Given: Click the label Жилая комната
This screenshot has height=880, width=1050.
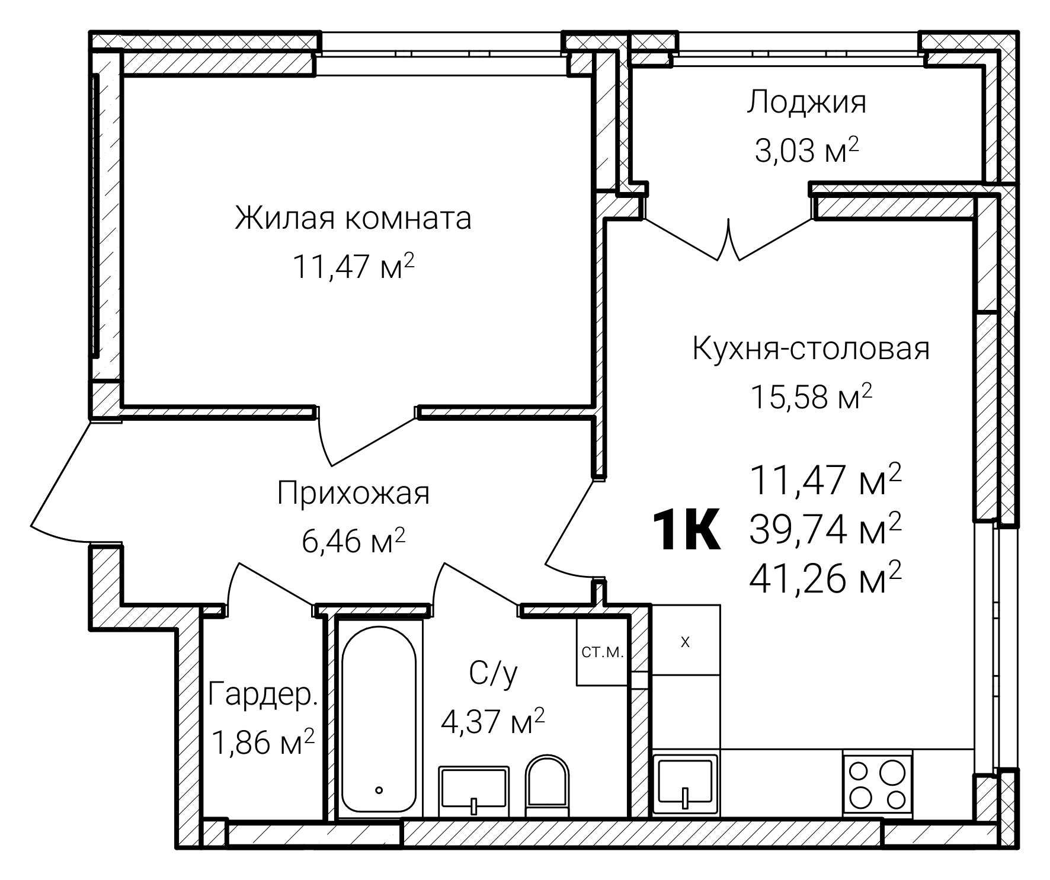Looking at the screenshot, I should tap(353, 218).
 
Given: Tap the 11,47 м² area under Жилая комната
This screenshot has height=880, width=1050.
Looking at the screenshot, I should tap(353, 267).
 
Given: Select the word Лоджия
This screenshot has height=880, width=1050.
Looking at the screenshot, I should tap(806, 102).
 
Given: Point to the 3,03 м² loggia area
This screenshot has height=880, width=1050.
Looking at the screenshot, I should tap(806, 152).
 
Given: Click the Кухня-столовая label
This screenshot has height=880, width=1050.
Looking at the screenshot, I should tap(811, 349).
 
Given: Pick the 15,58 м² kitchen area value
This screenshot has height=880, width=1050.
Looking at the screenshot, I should tap(811, 398).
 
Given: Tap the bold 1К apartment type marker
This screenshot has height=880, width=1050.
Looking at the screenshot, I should tap(686, 530).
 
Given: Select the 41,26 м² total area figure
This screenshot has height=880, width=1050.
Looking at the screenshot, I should tap(825, 579).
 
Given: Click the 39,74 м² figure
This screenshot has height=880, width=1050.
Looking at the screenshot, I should tap(825, 529).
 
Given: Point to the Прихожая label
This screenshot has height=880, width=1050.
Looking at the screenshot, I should tap(353, 493).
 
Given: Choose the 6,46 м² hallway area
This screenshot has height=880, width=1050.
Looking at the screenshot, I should tap(353, 541).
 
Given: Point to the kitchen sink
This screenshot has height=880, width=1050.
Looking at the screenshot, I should tap(685, 782).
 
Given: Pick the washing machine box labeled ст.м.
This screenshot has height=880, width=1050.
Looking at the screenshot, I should tap(602, 652).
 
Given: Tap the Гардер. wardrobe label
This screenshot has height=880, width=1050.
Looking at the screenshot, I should tap(264, 695).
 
